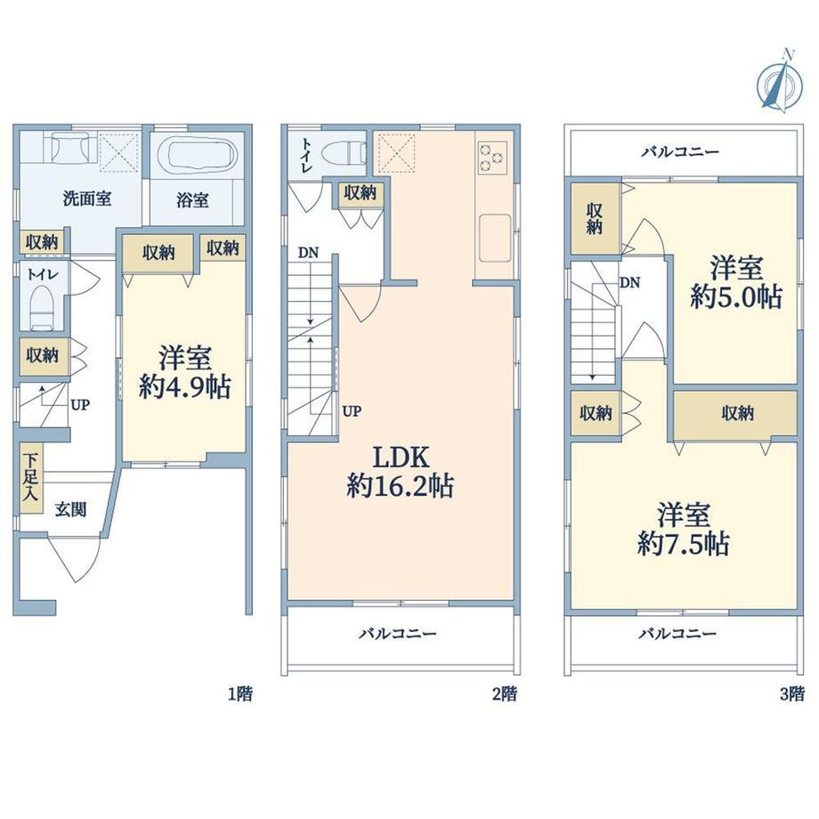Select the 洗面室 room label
pyautogui.click(x=86, y=199)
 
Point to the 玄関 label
pyautogui.click(x=70, y=509)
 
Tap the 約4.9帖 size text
pyautogui.click(x=184, y=387)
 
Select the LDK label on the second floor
pyautogui.click(x=401, y=457)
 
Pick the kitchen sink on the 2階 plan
pyautogui.click(x=495, y=238)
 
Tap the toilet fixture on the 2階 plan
pyautogui.click(x=344, y=153)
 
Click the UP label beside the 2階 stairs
pyautogui.click(x=352, y=411)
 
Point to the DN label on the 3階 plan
pyautogui.click(x=629, y=282)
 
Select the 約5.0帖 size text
pyautogui.click(x=735, y=297)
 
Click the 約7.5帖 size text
pyautogui.click(x=683, y=545)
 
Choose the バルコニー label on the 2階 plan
pyautogui.click(x=397, y=634)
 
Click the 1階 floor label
pyautogui.click(x=240, y=694)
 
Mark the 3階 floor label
pyautogui.click(x=791, y=694)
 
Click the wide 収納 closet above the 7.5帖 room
pyautogui.click(x=735, y=415)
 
